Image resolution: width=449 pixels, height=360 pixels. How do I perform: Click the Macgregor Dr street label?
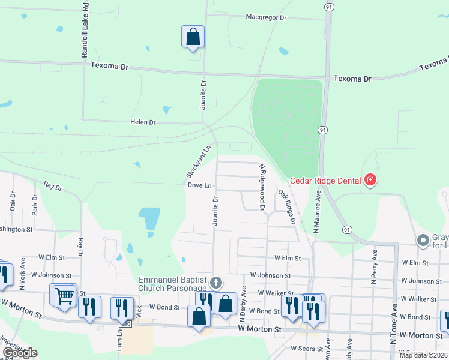tap(266, 17)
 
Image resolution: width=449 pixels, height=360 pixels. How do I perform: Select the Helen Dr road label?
tap(143, 122)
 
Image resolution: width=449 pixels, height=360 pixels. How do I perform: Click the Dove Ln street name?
tap(200, 186)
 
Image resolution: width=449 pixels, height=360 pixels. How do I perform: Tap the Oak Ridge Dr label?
tap(287, 207)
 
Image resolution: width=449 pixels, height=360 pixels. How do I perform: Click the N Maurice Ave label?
tap(316, 212)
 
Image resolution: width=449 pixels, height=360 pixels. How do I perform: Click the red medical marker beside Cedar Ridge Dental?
tap(370, 180)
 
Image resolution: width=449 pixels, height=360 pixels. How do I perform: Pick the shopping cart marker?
tap(64, 295)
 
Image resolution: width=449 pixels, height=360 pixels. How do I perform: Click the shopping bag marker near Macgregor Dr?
tap(193, 37)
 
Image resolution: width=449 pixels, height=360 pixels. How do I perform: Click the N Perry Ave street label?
tap(373, 266)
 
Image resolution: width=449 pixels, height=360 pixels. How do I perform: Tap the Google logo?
tap(20, 353)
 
